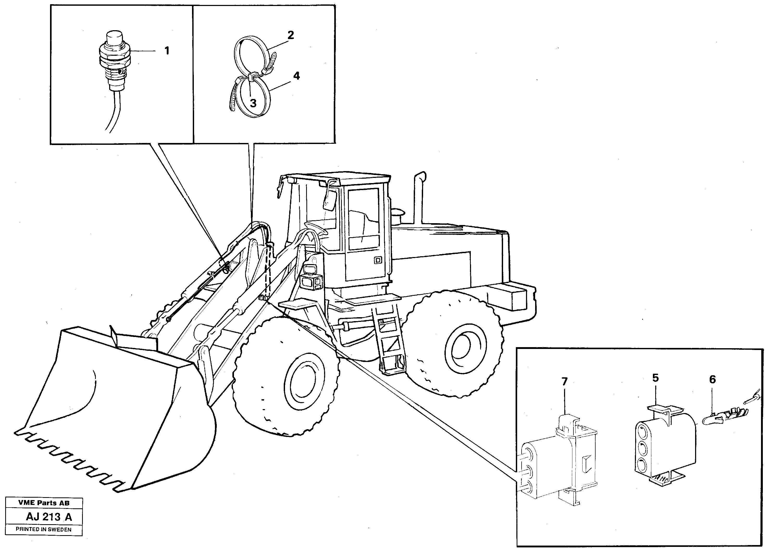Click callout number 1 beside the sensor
click(166, 51)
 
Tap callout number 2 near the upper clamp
click(290, 35)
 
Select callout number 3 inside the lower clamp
click(253, 103)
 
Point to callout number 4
click(296, 76)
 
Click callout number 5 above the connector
click(655, 378)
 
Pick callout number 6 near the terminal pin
click(712, 380)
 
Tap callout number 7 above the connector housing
click(564, 382)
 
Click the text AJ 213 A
click(49, 517)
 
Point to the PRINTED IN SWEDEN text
click(44, 530)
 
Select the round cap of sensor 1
click(114, 36)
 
